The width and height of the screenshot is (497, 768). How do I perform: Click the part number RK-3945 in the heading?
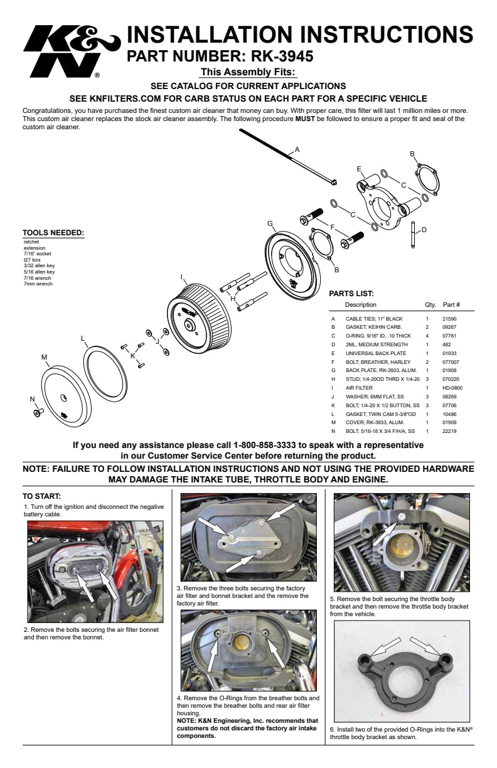tap(275, 56)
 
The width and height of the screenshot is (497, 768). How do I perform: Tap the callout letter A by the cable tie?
tap(297, 149)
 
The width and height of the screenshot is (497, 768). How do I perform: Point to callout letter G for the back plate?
tap(270, 223)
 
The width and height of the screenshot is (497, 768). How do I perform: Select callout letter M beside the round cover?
tap(44, 357)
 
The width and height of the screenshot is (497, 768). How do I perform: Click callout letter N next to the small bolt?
tap(33, 399)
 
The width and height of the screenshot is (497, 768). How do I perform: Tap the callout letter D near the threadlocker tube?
tap(424, 230)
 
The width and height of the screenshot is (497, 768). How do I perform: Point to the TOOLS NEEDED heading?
tap(53, 233)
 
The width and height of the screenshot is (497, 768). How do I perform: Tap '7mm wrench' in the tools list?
tap(38, 284)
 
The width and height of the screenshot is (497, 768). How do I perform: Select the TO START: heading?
tap(41, 496)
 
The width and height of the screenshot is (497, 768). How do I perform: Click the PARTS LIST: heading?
tap(351, 293)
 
